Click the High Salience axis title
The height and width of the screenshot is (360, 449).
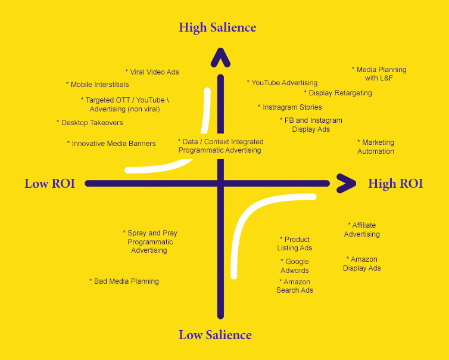coord(217,27)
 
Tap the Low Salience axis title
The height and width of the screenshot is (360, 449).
coord(215,335)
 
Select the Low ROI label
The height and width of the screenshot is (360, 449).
coord(49,184)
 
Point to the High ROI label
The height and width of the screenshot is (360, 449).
coord(395,184)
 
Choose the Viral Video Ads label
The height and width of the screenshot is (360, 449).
coord(152,72)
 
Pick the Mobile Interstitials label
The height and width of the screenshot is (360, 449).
coord(97,85)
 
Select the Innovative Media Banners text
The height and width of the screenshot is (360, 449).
coord(111,144)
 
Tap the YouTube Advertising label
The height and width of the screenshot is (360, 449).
coord(282,83)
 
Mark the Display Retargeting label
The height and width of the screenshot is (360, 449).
coord(338,93)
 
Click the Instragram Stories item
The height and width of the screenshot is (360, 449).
coord(290,107)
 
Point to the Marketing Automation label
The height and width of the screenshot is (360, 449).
coord(376,147)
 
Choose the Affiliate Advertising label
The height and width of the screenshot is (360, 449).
coord(361,230)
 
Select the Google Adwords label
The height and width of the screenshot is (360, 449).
coord(295,266)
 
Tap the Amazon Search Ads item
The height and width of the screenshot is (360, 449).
coord(295,286)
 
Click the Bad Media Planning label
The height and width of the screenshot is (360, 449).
coord(124,281)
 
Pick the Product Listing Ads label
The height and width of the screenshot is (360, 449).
coord(295,244)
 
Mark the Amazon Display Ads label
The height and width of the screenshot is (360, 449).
coord(362,264)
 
